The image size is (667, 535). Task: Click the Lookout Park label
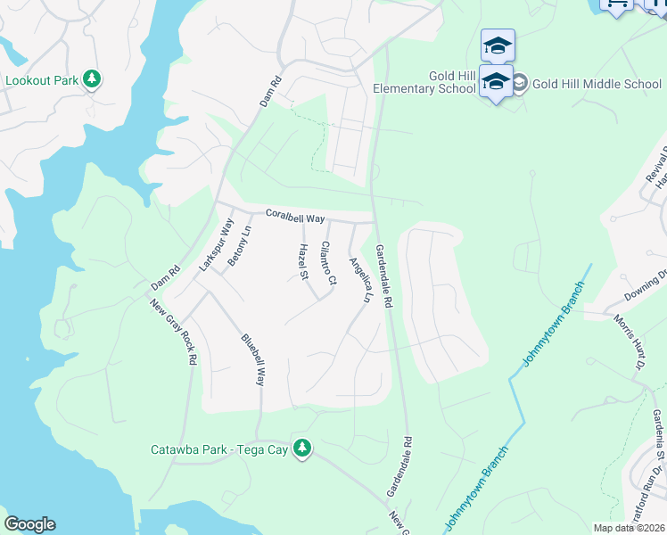click(x=42, y=80)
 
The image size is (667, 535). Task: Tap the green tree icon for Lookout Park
click(x=92, y=79)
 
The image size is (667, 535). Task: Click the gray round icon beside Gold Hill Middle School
click(x=519, y=84)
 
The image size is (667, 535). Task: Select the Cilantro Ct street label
click(x=328, y=263)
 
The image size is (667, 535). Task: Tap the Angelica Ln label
click(x=360, y=279)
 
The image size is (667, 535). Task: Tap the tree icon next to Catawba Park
click(x=303, y=448)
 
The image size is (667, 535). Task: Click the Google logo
click(x=29, y=524)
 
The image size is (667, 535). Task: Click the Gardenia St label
click(x=657, y=433)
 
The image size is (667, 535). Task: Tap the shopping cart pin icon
click(x=616, y=4)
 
